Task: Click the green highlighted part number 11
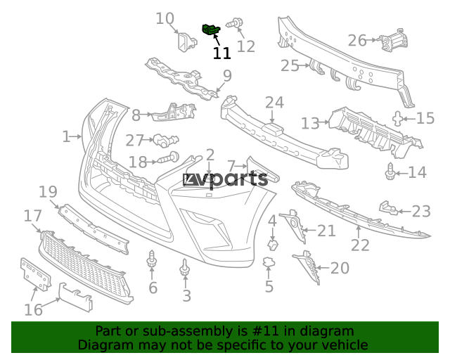[211, 30]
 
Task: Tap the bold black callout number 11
[221, 53]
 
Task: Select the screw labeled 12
[235, 23]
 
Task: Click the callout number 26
[357, 41]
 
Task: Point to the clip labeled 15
[397, 119]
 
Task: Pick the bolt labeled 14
[390, 172]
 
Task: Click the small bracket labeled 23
[388, 208]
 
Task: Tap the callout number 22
[360, 245]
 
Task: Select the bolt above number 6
[152, 259]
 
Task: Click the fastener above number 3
[185, 267]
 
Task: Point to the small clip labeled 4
[273, 245]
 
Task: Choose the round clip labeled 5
[269, 262]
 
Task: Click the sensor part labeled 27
[166, 141]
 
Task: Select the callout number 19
[48, 192]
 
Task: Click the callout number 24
[275, 103]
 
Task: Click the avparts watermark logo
[226, 180]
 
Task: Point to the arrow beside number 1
[77, 136]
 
